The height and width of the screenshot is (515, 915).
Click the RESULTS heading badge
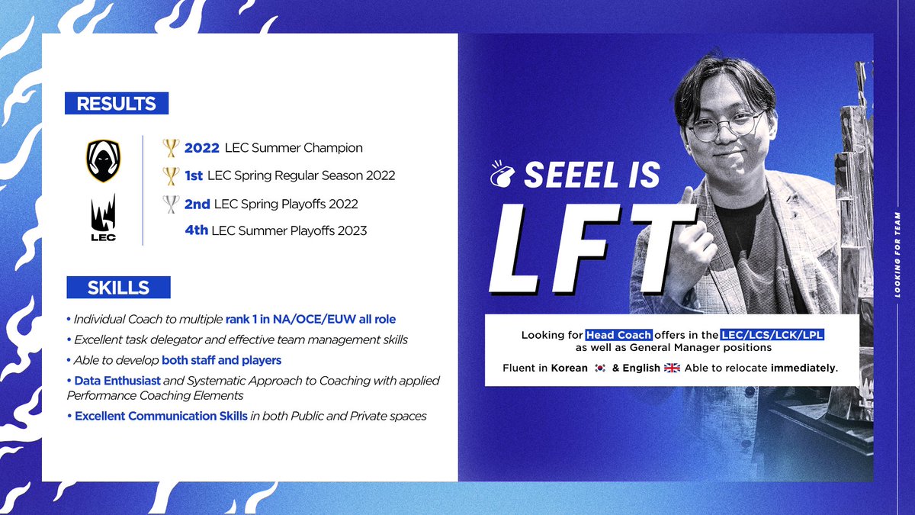(116, 103)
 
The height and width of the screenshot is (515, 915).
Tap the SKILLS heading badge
(118, 287)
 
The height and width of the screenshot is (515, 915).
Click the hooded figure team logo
(103, 162)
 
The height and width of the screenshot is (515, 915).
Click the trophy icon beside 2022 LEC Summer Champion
(171, 147)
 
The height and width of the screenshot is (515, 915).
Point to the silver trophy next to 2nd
(171, 204)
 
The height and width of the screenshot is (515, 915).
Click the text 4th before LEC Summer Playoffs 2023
(196, 230)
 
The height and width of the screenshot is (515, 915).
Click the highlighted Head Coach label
(618, 335)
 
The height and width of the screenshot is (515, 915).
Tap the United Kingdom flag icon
(672, 368)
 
